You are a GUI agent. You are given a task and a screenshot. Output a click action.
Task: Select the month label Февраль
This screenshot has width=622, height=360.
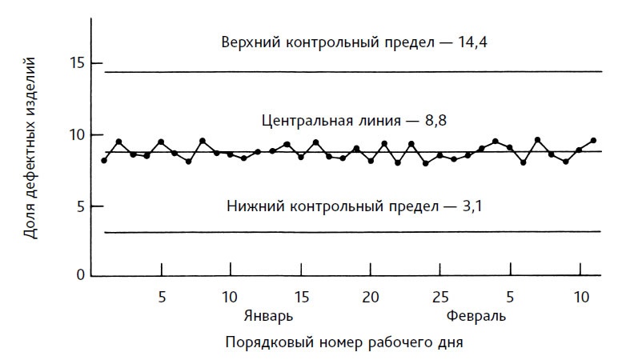pyautogui.click(x=476, y=315)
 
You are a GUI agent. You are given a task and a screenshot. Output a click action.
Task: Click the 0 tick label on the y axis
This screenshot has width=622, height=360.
pyautogui.click(x=80, y=275)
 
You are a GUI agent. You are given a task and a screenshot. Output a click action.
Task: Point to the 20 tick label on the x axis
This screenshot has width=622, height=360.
pyautogui.click(x=371, y=297)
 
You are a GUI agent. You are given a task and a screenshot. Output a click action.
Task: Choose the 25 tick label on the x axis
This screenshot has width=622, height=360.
pyautogui.click(x=440, y=297)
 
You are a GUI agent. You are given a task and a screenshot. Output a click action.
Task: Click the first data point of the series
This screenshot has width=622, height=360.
pyautogui.click(x=104, y=161)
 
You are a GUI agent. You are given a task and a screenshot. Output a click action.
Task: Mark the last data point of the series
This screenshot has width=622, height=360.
pyautogui.click(x=593, y=140)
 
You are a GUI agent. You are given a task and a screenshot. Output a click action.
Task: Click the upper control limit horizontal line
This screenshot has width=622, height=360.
pyautogui.click(x=352, y=72)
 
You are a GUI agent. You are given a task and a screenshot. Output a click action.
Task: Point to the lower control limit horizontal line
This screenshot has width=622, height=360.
pyautogui.click(x=352, y=232)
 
